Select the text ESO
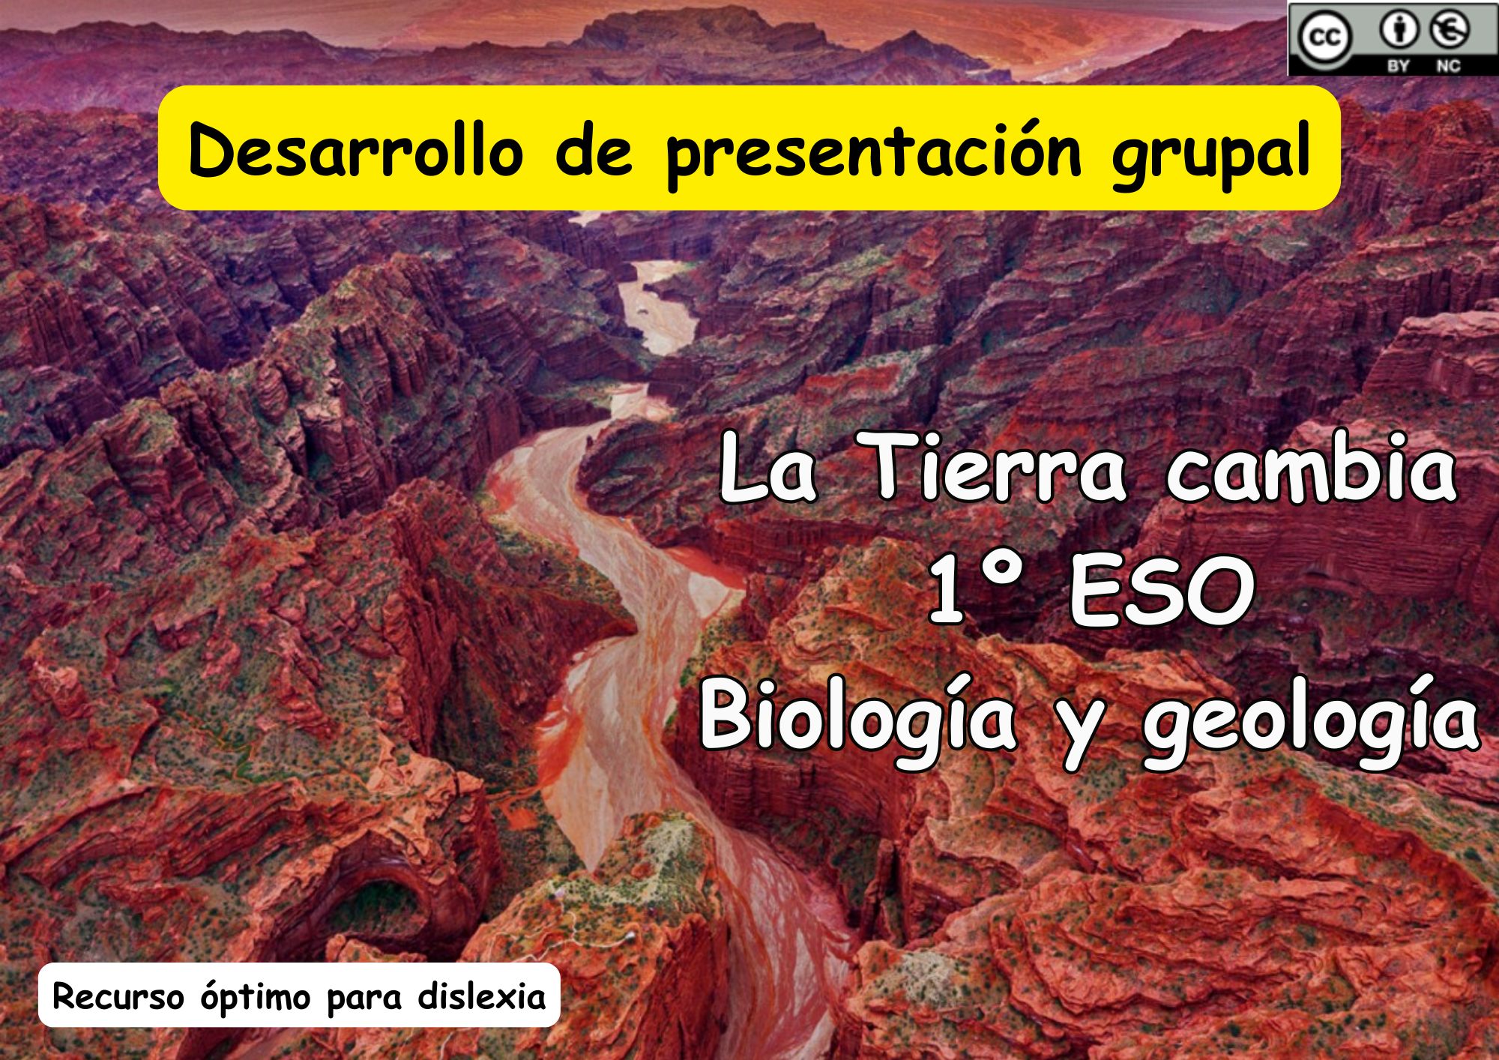1162,592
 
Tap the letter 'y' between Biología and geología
1079,731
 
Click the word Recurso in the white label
118,997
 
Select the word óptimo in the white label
256,999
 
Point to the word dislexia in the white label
481,996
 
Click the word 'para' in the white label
364,1001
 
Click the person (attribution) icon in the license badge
1399,31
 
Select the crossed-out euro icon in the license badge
1450,31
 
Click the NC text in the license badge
1448,65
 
